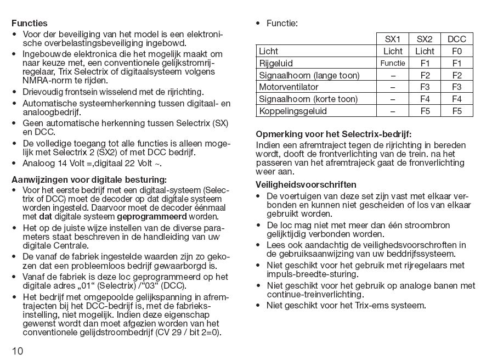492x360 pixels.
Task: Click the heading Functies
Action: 30,24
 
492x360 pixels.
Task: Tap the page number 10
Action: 17,351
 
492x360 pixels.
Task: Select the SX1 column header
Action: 393,39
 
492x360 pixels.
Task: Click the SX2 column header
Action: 425,39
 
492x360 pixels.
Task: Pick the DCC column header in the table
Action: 457,39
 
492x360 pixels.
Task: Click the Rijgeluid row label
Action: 276,63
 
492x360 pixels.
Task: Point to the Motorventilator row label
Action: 289,87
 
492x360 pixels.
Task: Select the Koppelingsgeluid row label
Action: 292,111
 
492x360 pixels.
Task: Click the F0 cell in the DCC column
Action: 457,51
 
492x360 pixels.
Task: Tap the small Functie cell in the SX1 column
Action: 393,63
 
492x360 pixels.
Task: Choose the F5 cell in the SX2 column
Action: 425,111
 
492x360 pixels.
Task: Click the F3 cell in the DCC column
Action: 457,87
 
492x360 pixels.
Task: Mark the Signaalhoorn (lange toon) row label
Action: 309,75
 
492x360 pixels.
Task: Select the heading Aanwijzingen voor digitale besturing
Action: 89,179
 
